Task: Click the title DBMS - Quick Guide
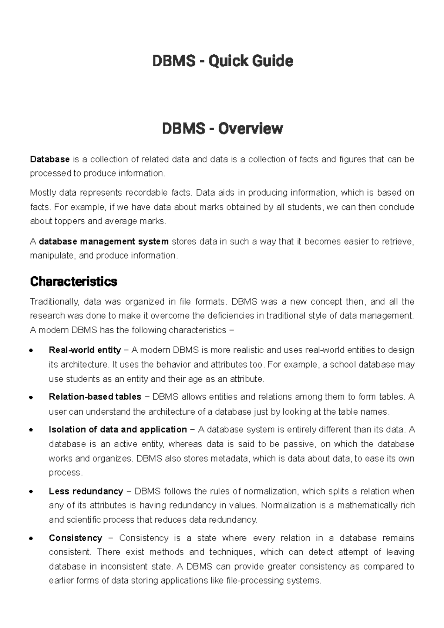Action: [x=222, y=61]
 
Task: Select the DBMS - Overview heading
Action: [x=222, y=128]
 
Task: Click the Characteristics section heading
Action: [x=73, y=281]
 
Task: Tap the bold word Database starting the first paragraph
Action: [x=50, y=159]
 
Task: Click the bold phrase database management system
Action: [x=104, y=242]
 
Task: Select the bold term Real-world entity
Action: [x=85, y=350]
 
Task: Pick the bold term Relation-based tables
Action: [x=95, y=397]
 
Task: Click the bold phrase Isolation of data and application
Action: [x=118, y=429]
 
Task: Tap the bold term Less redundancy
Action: [x=86, y=491]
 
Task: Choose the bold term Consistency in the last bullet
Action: [x=75, y=538]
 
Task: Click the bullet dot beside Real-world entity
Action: [x=31, y=350]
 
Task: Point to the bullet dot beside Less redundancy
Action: [x=31, y=492]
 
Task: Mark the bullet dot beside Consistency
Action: [x=31, y=538]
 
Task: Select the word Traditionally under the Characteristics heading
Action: [x=54, y=302]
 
